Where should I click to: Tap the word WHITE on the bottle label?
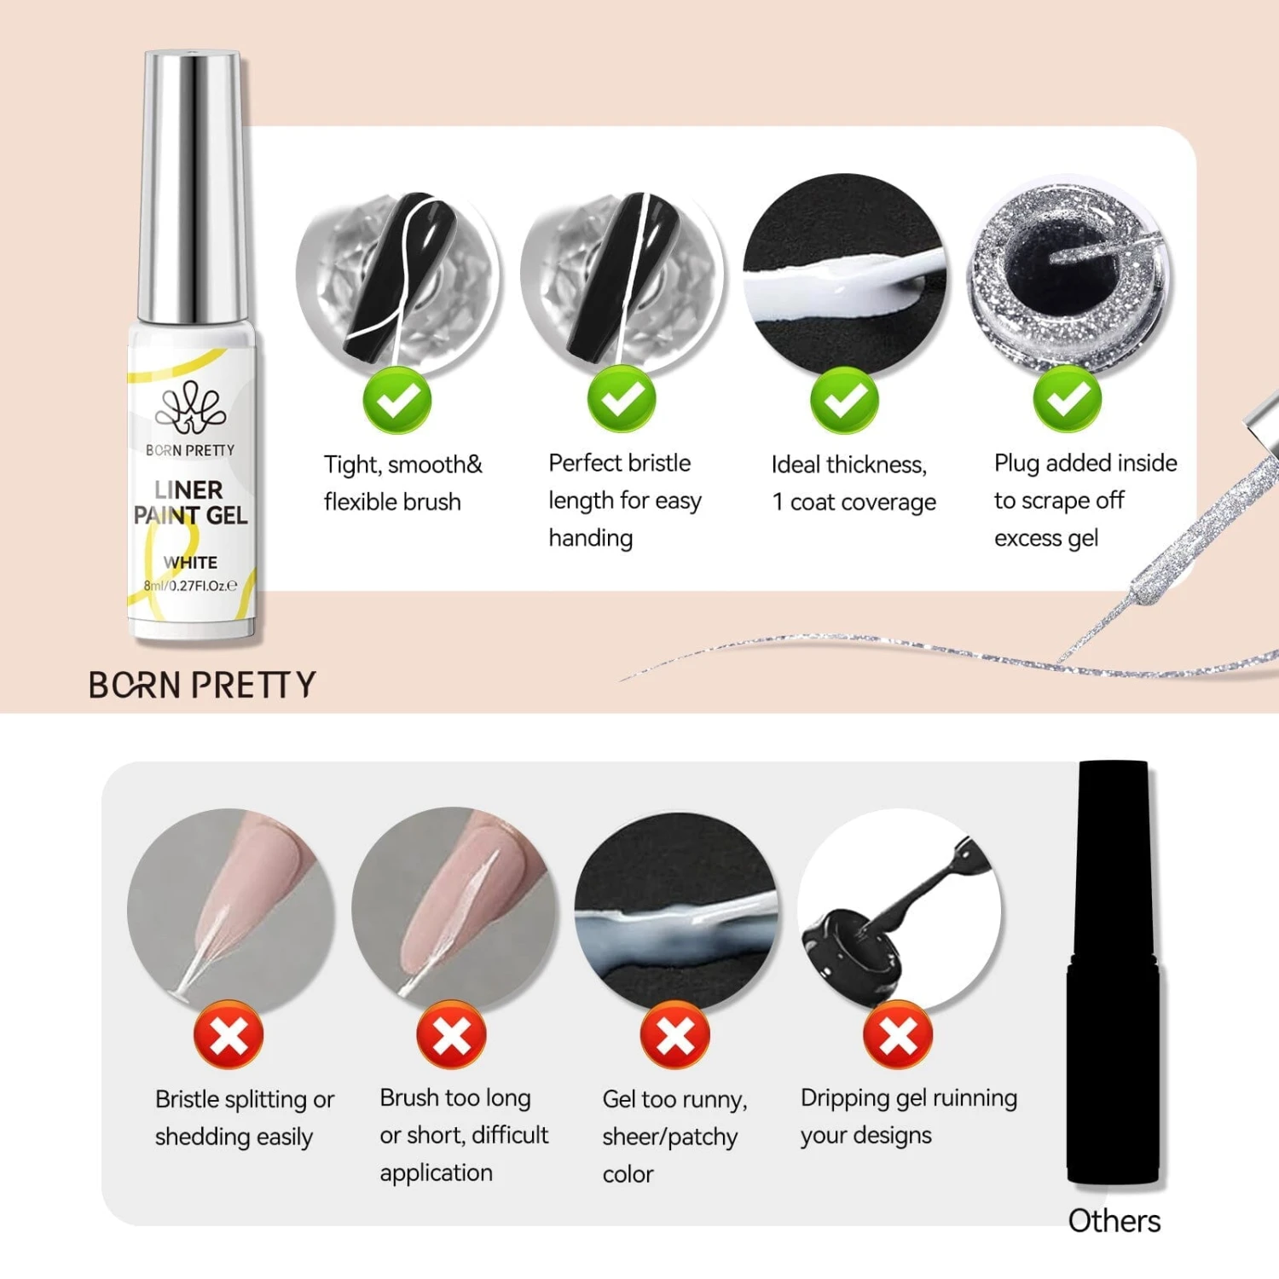coord(190,563)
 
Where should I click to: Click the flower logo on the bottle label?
coord(190,408)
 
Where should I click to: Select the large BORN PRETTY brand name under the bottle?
coord(202,685)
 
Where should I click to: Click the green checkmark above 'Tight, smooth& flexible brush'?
coord(397,399)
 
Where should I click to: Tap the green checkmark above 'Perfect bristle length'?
coord(622,399)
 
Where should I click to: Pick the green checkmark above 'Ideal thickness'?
coord(844,399)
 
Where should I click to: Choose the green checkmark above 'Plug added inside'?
coord(1068,399)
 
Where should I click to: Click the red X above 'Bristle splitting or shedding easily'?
coord(229,1035)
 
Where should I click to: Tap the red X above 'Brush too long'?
coord(452,1035)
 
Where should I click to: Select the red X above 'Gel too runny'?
coord(675,1035)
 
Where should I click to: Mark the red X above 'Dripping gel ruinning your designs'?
coord(898,1035)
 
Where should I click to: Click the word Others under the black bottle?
coord(1114,1221)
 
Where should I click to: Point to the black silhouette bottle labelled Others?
coord(1114,972)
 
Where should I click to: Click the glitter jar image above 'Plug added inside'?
coord(1068,275)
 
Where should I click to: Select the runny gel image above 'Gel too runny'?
coord(676,910)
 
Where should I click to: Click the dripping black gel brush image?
coord(900,910)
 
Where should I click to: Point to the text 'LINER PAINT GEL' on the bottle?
coord(190,502)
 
